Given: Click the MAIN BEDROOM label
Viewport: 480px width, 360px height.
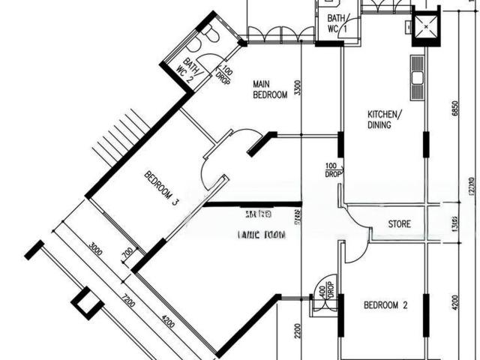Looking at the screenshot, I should point(270,89).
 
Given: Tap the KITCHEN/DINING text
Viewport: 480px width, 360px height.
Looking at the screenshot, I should point(384,119).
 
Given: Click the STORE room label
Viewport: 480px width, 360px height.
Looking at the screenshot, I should point(398,224).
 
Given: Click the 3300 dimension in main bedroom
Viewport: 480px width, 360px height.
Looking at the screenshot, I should point(298,89).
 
